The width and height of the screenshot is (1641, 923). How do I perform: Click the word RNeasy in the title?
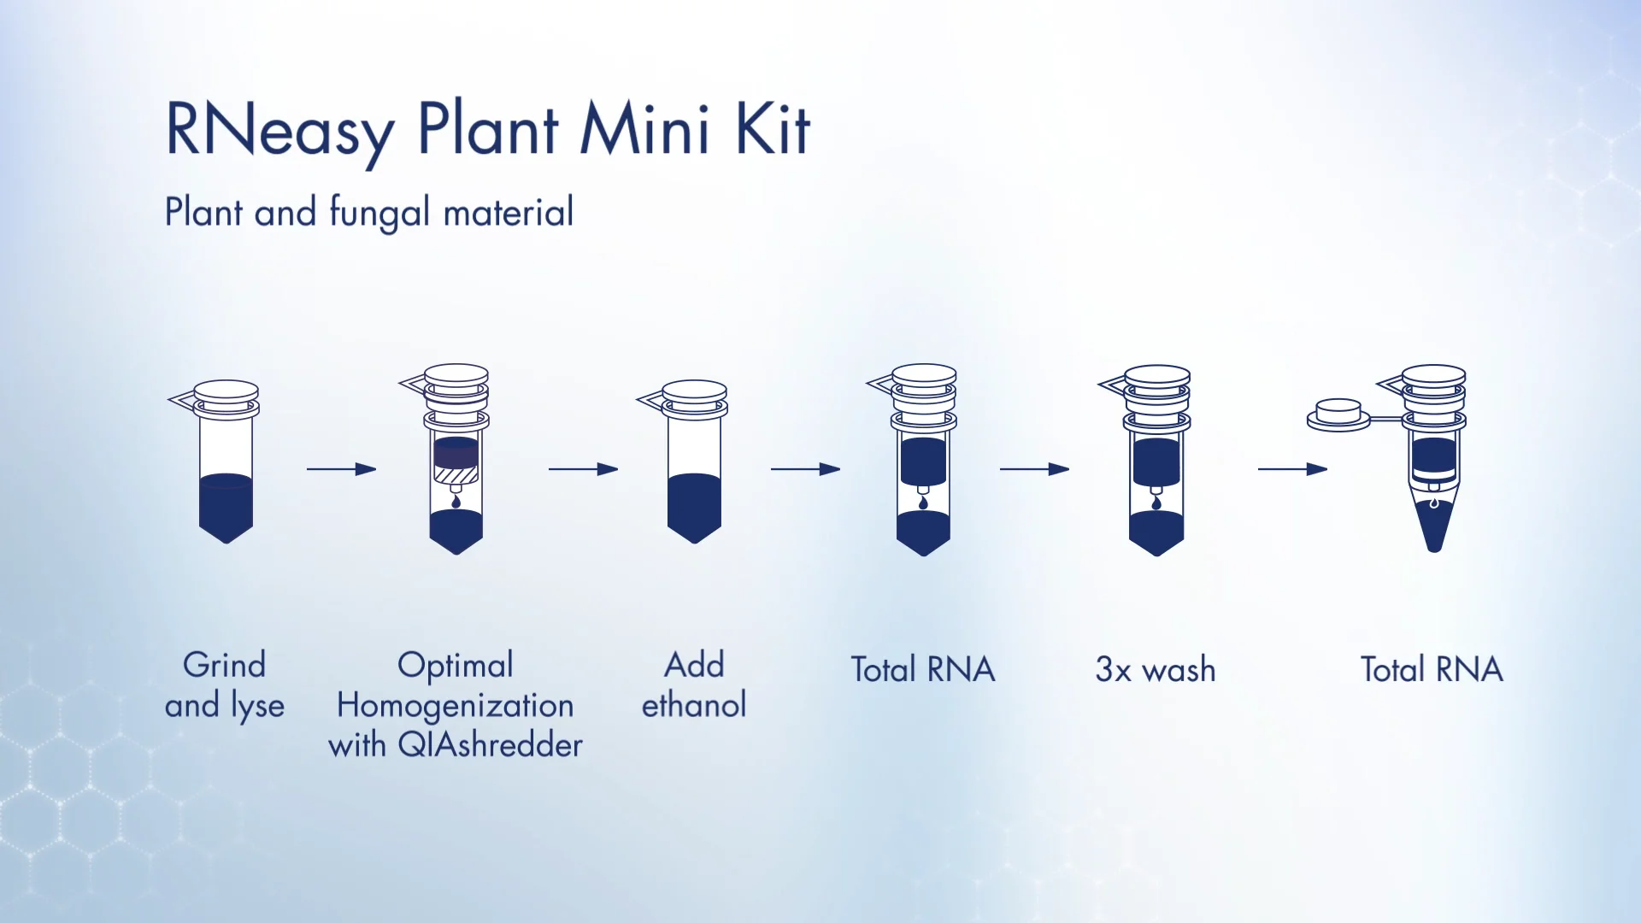point(279,131)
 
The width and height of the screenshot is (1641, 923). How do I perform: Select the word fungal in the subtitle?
point(379,213)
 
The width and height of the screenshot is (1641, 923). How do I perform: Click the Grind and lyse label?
point(225,685)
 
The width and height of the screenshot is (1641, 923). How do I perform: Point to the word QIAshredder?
point(491,744)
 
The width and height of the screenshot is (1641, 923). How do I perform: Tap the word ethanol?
point(694,705)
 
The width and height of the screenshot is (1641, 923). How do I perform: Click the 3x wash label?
point(1156,669)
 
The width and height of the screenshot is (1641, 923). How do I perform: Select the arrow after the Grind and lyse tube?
point(342,469)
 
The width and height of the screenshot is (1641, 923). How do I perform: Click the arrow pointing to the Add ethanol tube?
point(583,469)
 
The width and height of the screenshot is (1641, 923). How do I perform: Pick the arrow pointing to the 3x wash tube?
point(1035,469)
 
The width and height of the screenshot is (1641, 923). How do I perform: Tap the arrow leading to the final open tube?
point(1292,469)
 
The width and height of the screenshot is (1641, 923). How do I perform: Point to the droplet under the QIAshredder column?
point(456,502)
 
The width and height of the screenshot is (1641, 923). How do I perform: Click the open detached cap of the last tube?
point(1338,414)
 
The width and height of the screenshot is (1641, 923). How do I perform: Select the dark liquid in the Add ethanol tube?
point(694,508)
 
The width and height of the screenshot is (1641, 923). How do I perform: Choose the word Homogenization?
point(455,705)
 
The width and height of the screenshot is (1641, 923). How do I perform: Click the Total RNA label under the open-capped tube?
point(1432,669)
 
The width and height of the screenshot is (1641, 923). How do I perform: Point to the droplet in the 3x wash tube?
point(1156,503)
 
